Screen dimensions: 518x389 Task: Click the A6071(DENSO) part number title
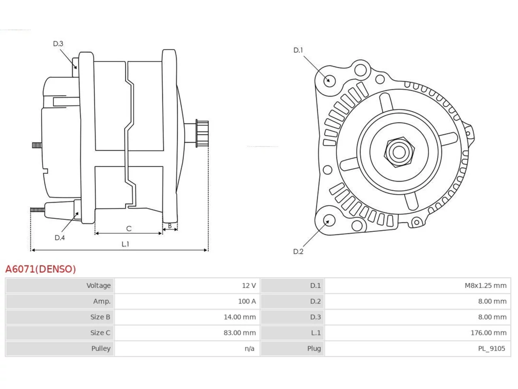click(40, 269)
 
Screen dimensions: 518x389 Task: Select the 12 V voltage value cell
click(249, 286)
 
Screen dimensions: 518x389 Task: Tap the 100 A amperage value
click(247, 301)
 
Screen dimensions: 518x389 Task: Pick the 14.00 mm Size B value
click(240, 317)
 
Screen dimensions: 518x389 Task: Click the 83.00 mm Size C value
click(240, 333)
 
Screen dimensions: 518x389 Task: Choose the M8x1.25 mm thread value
click(486, 286)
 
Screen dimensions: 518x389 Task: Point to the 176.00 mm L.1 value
click(488, 333)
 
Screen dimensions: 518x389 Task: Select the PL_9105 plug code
click(492, 348)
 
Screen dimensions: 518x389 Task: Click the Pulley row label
click(101, 348)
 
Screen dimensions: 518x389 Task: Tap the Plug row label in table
click(314, 348)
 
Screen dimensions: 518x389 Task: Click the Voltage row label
click(98, 286)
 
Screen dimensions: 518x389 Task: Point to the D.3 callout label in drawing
click(58, 44)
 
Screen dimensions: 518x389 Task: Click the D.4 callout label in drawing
click(59, 237)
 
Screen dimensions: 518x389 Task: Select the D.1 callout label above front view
click(298, 50)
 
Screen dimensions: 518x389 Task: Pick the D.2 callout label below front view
click(298, 252)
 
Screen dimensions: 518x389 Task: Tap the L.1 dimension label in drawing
click(125, 244)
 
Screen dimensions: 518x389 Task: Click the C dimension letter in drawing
click(129, 229)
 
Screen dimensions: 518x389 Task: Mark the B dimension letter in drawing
click(170, 226)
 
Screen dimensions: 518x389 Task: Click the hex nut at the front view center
click(399, 152)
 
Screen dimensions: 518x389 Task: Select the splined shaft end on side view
click(202, 133)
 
